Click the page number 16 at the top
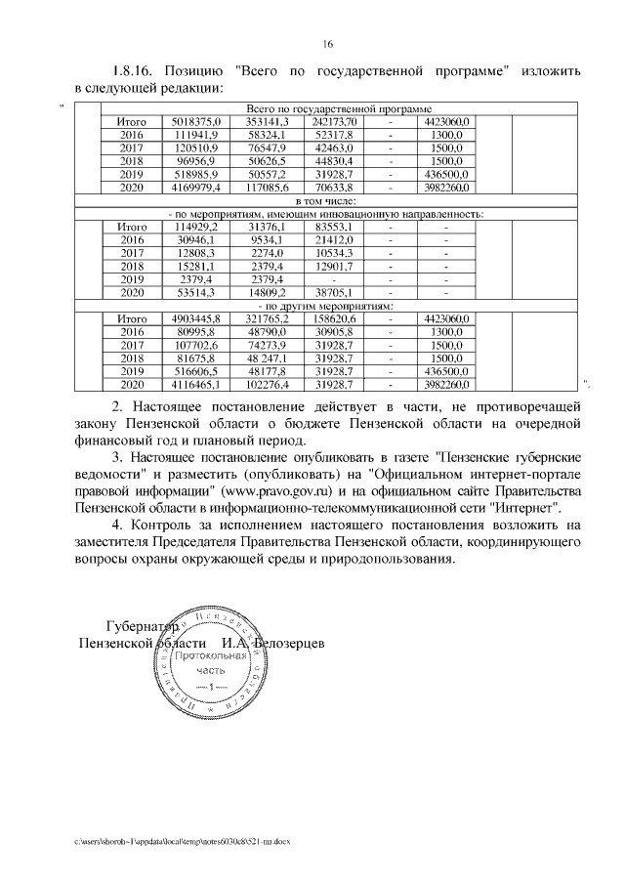click(328, 43)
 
